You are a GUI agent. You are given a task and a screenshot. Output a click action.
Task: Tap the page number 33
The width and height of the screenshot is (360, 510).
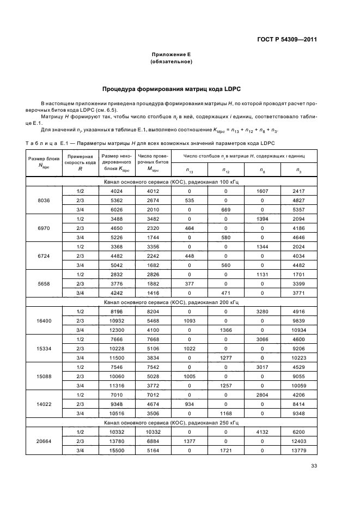click(x=314, y=466)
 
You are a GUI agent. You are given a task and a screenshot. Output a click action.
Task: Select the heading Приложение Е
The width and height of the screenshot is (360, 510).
click(x=172, y=55)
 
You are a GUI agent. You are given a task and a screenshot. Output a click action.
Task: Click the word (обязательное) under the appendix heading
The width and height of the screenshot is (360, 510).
click(x=172, y=62)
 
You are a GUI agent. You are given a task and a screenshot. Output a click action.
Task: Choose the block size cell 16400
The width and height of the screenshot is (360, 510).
click(x=44, y=321)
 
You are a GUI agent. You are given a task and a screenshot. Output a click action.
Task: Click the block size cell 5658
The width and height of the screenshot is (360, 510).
click(x=44, y=283)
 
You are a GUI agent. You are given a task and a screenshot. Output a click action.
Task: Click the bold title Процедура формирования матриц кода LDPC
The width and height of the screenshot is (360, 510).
click(x=172, y=89)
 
